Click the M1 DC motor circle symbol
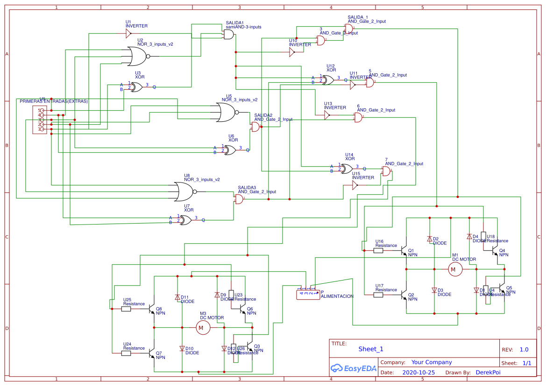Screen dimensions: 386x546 click(455, 269)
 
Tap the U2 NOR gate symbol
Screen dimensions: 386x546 click(137, 56)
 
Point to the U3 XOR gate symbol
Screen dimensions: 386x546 click(137, 87)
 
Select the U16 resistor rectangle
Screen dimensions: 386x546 click(378, 251)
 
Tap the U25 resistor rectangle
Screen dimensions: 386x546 click(126, 309)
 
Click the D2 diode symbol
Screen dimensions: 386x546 click(430, 239)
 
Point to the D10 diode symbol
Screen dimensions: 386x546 click(182, 348)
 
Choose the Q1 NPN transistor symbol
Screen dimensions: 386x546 click(404, 251)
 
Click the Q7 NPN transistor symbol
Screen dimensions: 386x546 click(152, 353)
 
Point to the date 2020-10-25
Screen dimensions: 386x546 click(418, 372)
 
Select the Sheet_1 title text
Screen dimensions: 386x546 click(371, 349)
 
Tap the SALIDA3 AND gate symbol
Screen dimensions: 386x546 click(239, 200)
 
